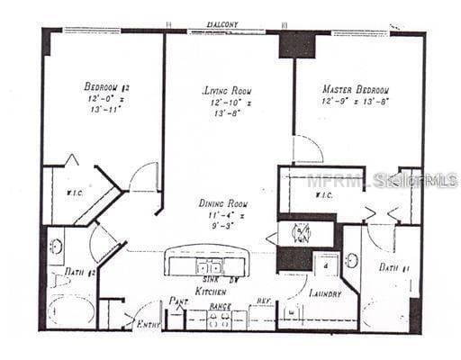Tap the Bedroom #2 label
108,86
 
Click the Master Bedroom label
356,90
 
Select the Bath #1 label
389,267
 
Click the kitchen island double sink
210,267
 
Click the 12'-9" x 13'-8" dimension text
356,103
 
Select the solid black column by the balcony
296,44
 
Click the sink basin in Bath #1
351,261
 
